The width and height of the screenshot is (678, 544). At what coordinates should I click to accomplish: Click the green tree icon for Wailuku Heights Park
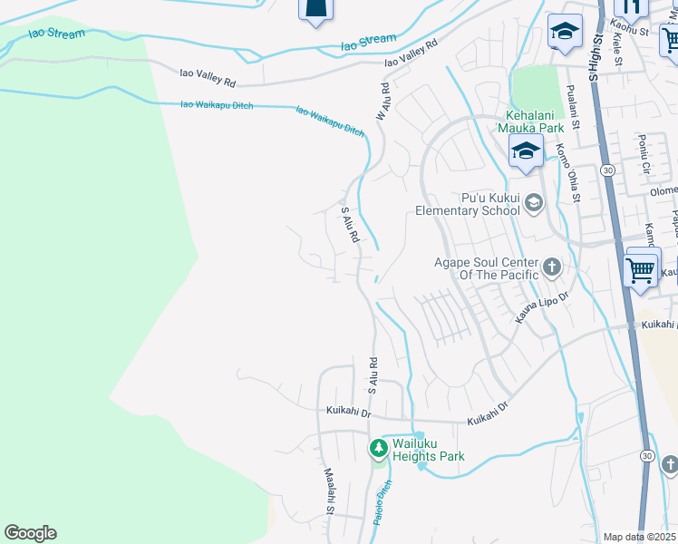[378, 448]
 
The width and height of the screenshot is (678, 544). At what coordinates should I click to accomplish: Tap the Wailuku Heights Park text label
[428, 450]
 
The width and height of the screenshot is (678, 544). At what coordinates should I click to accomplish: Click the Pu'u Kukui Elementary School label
[467, 204]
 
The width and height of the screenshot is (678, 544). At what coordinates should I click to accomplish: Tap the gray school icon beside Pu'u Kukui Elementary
[534, 203]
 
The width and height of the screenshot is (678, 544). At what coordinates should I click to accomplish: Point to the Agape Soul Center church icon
[552, 267]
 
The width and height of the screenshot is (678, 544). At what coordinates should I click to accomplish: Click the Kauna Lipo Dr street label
[542, 308]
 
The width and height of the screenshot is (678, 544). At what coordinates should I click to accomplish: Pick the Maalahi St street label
[329, 491]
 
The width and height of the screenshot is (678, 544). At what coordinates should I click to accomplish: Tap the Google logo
[30, 533]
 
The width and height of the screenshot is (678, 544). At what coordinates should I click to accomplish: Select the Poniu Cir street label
[644, 156]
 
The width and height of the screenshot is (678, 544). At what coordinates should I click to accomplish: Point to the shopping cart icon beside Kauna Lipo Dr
[642, 269]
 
